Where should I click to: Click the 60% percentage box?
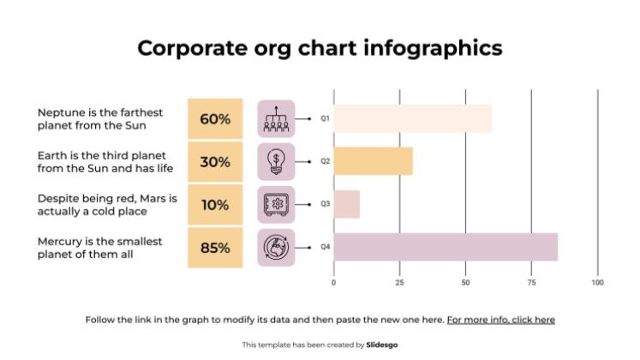click(x=215, y=119)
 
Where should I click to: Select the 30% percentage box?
click(x=215, y=162)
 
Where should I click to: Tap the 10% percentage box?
click(x=215, y=205)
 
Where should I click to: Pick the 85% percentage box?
click(x=215, y=248)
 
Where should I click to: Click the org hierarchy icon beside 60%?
click(x=276, y=119)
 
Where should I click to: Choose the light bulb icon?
click(x=276, y=161)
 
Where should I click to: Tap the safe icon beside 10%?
click(x=276, y=205)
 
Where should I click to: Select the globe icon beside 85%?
click(x=276, y=248)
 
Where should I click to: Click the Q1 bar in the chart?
click(x=412, y=118)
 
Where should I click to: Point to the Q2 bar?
click(x=373, y=161)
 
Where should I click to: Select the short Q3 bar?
click(x=346, y=204)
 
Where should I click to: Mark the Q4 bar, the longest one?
click(x=446, y=247)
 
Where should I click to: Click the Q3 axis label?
click(x=326, y=204)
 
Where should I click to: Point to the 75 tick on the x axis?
click(x=531, y=282)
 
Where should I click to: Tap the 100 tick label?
click(x=598, y=282)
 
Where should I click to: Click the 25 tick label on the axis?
click(x=399, y=282)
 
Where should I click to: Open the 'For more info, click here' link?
click(x=500, y=320)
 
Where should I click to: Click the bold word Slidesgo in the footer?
click(x=382, y=345)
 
